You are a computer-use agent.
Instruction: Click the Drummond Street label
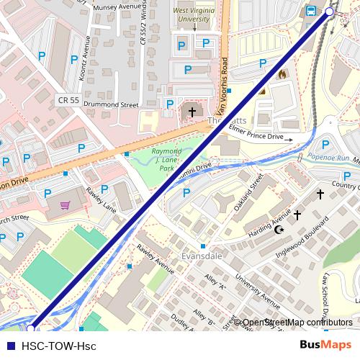pos(110,105)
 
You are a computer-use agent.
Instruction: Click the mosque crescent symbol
pos(279,230)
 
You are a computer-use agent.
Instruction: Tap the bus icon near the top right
pos(311,11)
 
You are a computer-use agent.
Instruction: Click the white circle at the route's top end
pos(330,12)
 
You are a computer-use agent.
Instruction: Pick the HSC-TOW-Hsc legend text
pos(58,346)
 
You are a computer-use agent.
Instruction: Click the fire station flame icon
pos(282,73)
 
